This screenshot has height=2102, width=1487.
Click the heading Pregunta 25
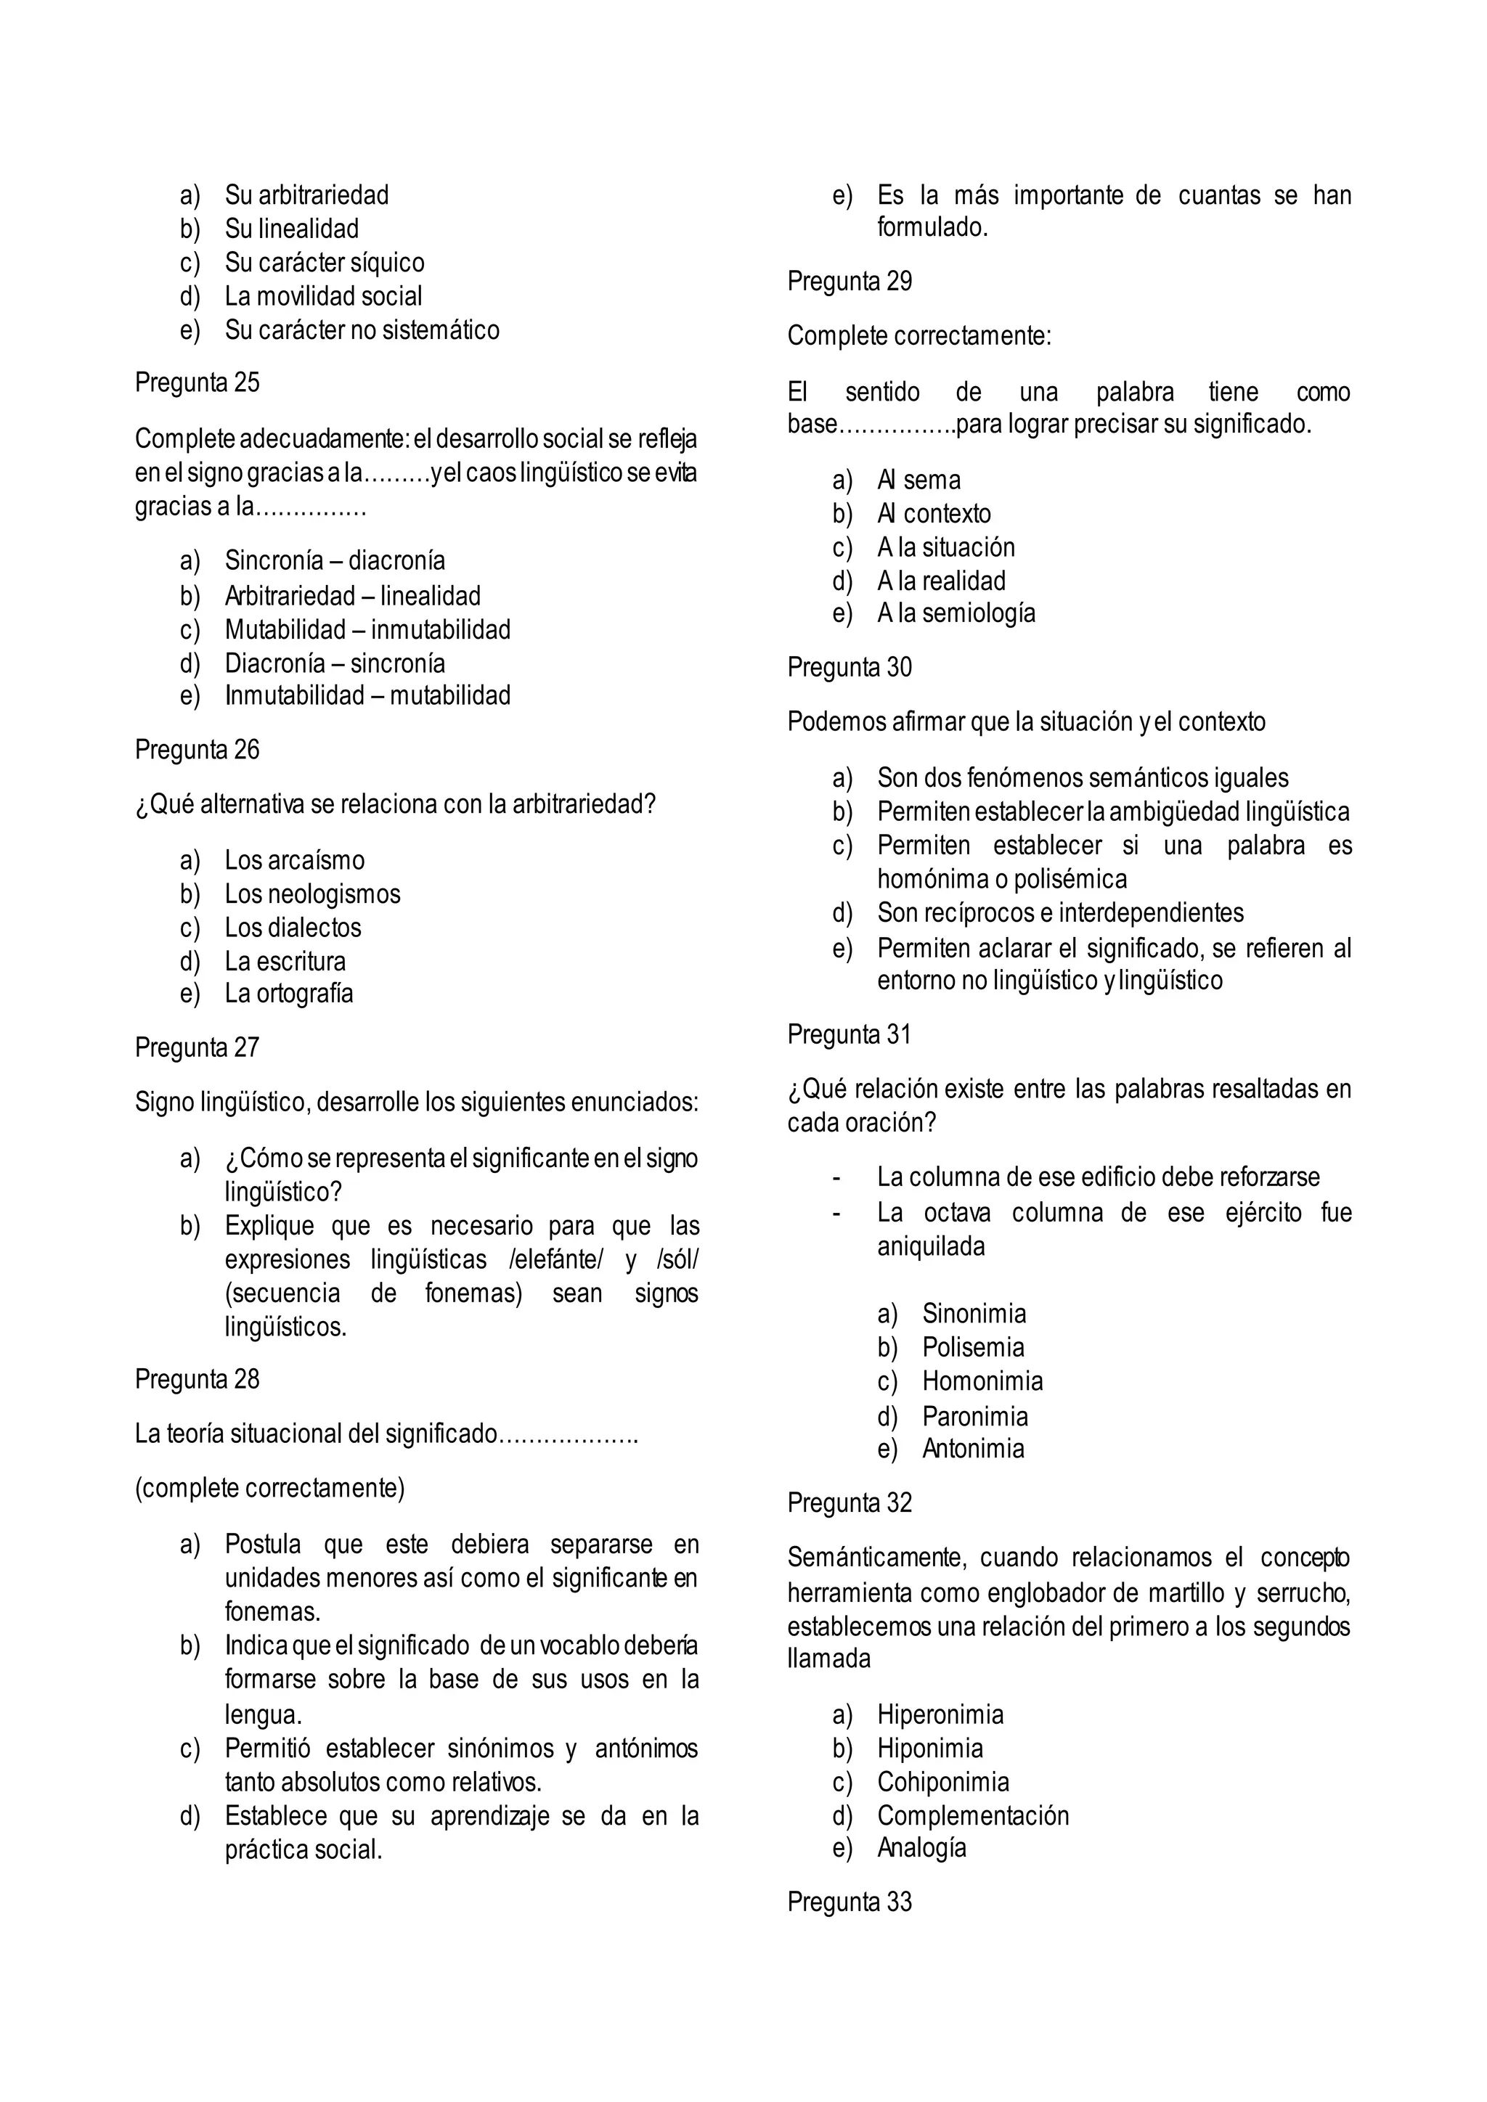[x=197, y=383]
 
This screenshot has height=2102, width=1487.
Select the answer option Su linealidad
[x=291, y=229]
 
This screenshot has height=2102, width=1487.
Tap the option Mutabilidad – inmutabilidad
[x=367, y=630]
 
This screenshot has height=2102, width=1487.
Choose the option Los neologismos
[x=312, y=894]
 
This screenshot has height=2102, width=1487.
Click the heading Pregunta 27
[x=197, y=1047]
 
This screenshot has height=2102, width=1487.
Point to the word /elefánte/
[x=555, y=1260]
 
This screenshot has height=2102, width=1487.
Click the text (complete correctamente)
[x=269, y=1489]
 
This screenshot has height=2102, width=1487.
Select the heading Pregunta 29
[x=849, y=281]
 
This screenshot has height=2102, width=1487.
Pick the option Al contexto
[x=933, y=514]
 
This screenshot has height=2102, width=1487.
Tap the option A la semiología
[x=956, y=613]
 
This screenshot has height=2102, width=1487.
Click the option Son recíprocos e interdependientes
[x=1059, y=913]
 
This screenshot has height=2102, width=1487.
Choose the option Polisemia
[x=972, y=1348]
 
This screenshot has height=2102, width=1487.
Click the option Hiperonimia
[x=940, y=1714]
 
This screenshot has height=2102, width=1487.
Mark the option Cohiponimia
[x=942, y=1783]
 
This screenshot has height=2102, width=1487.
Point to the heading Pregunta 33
[x=849, y=1902]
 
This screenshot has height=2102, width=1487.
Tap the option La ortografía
[x=288, y=994]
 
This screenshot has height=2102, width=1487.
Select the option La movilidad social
[x=323, y=297]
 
